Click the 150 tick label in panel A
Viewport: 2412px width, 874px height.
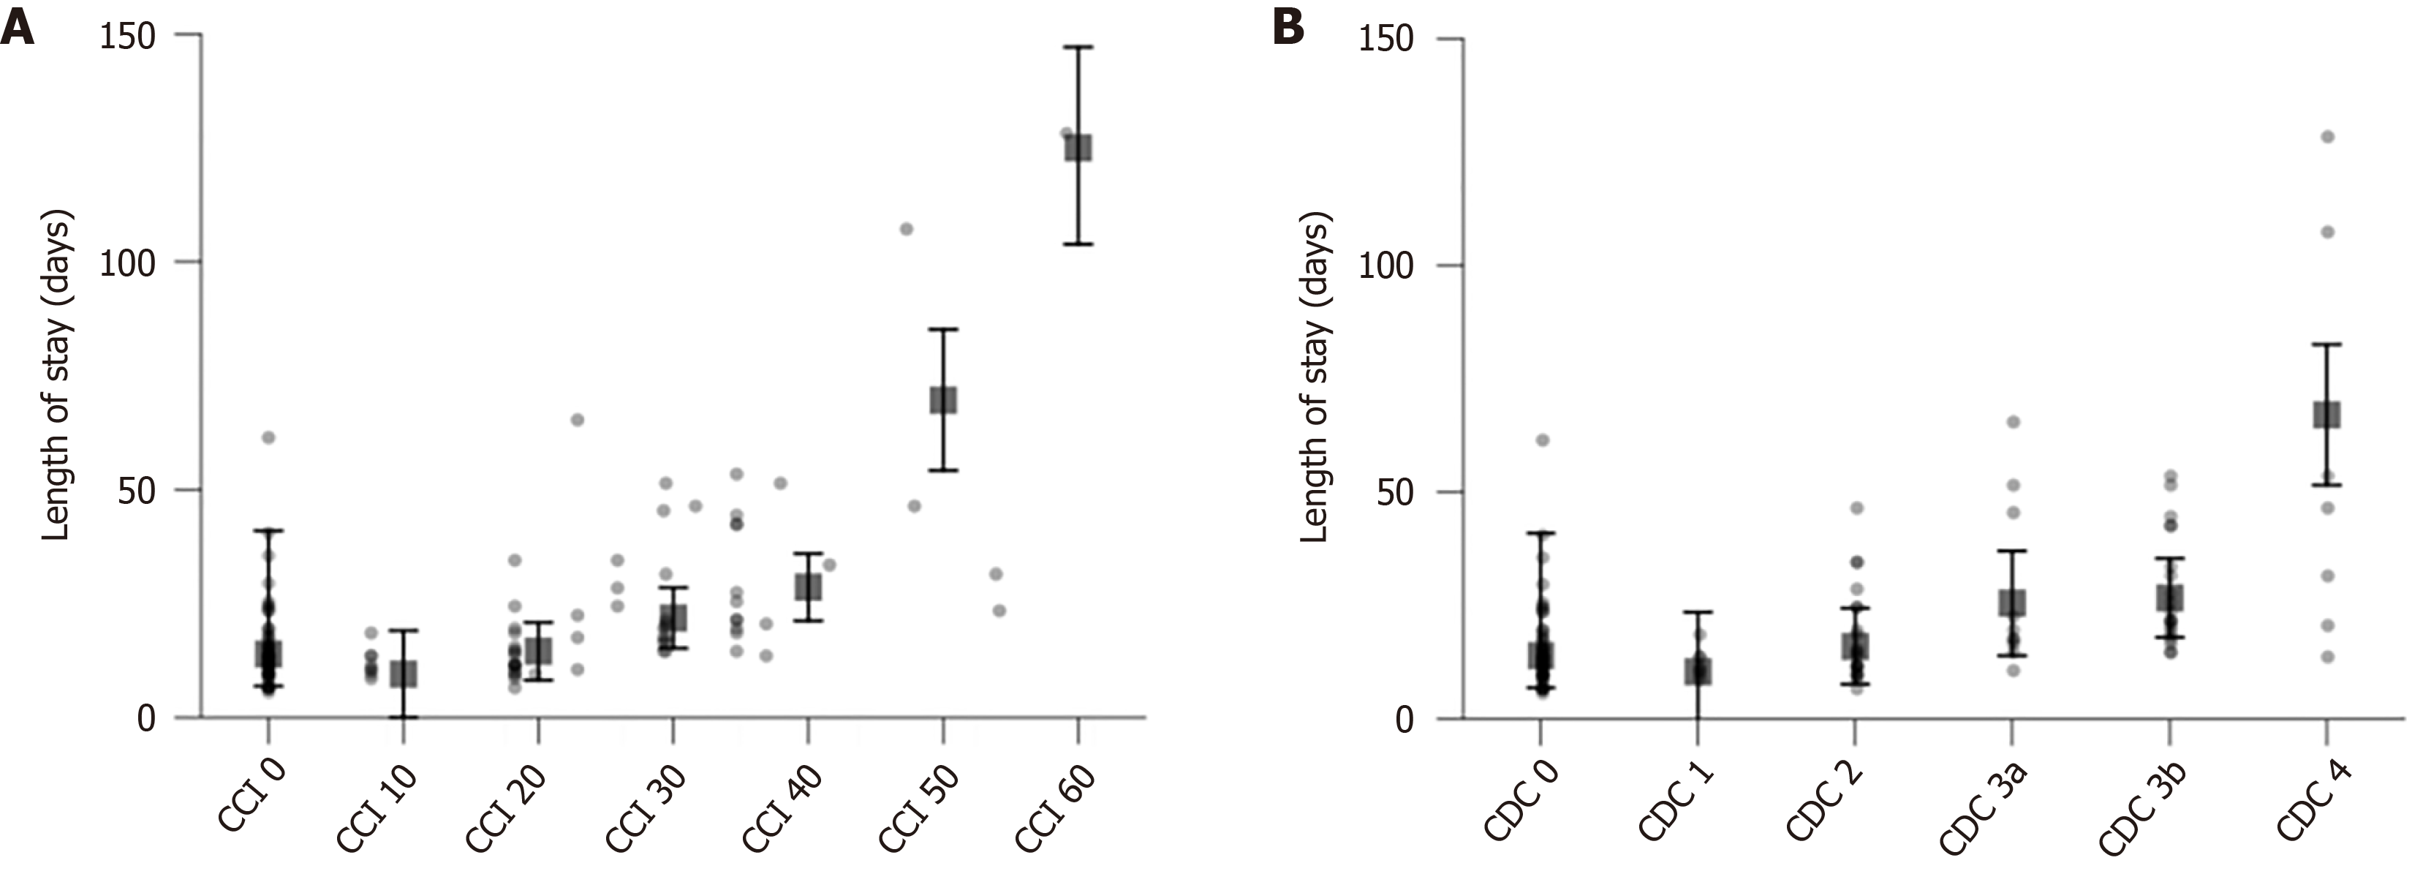point(127,37)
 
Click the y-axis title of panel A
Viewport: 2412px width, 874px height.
point(56,374)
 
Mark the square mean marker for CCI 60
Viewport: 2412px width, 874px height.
point(1078,148)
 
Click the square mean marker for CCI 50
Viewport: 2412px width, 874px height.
point(943,400)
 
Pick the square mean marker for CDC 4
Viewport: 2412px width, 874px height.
point(2326,415)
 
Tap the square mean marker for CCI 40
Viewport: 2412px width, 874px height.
point(808,587)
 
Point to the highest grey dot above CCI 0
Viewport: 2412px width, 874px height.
point(269,437)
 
